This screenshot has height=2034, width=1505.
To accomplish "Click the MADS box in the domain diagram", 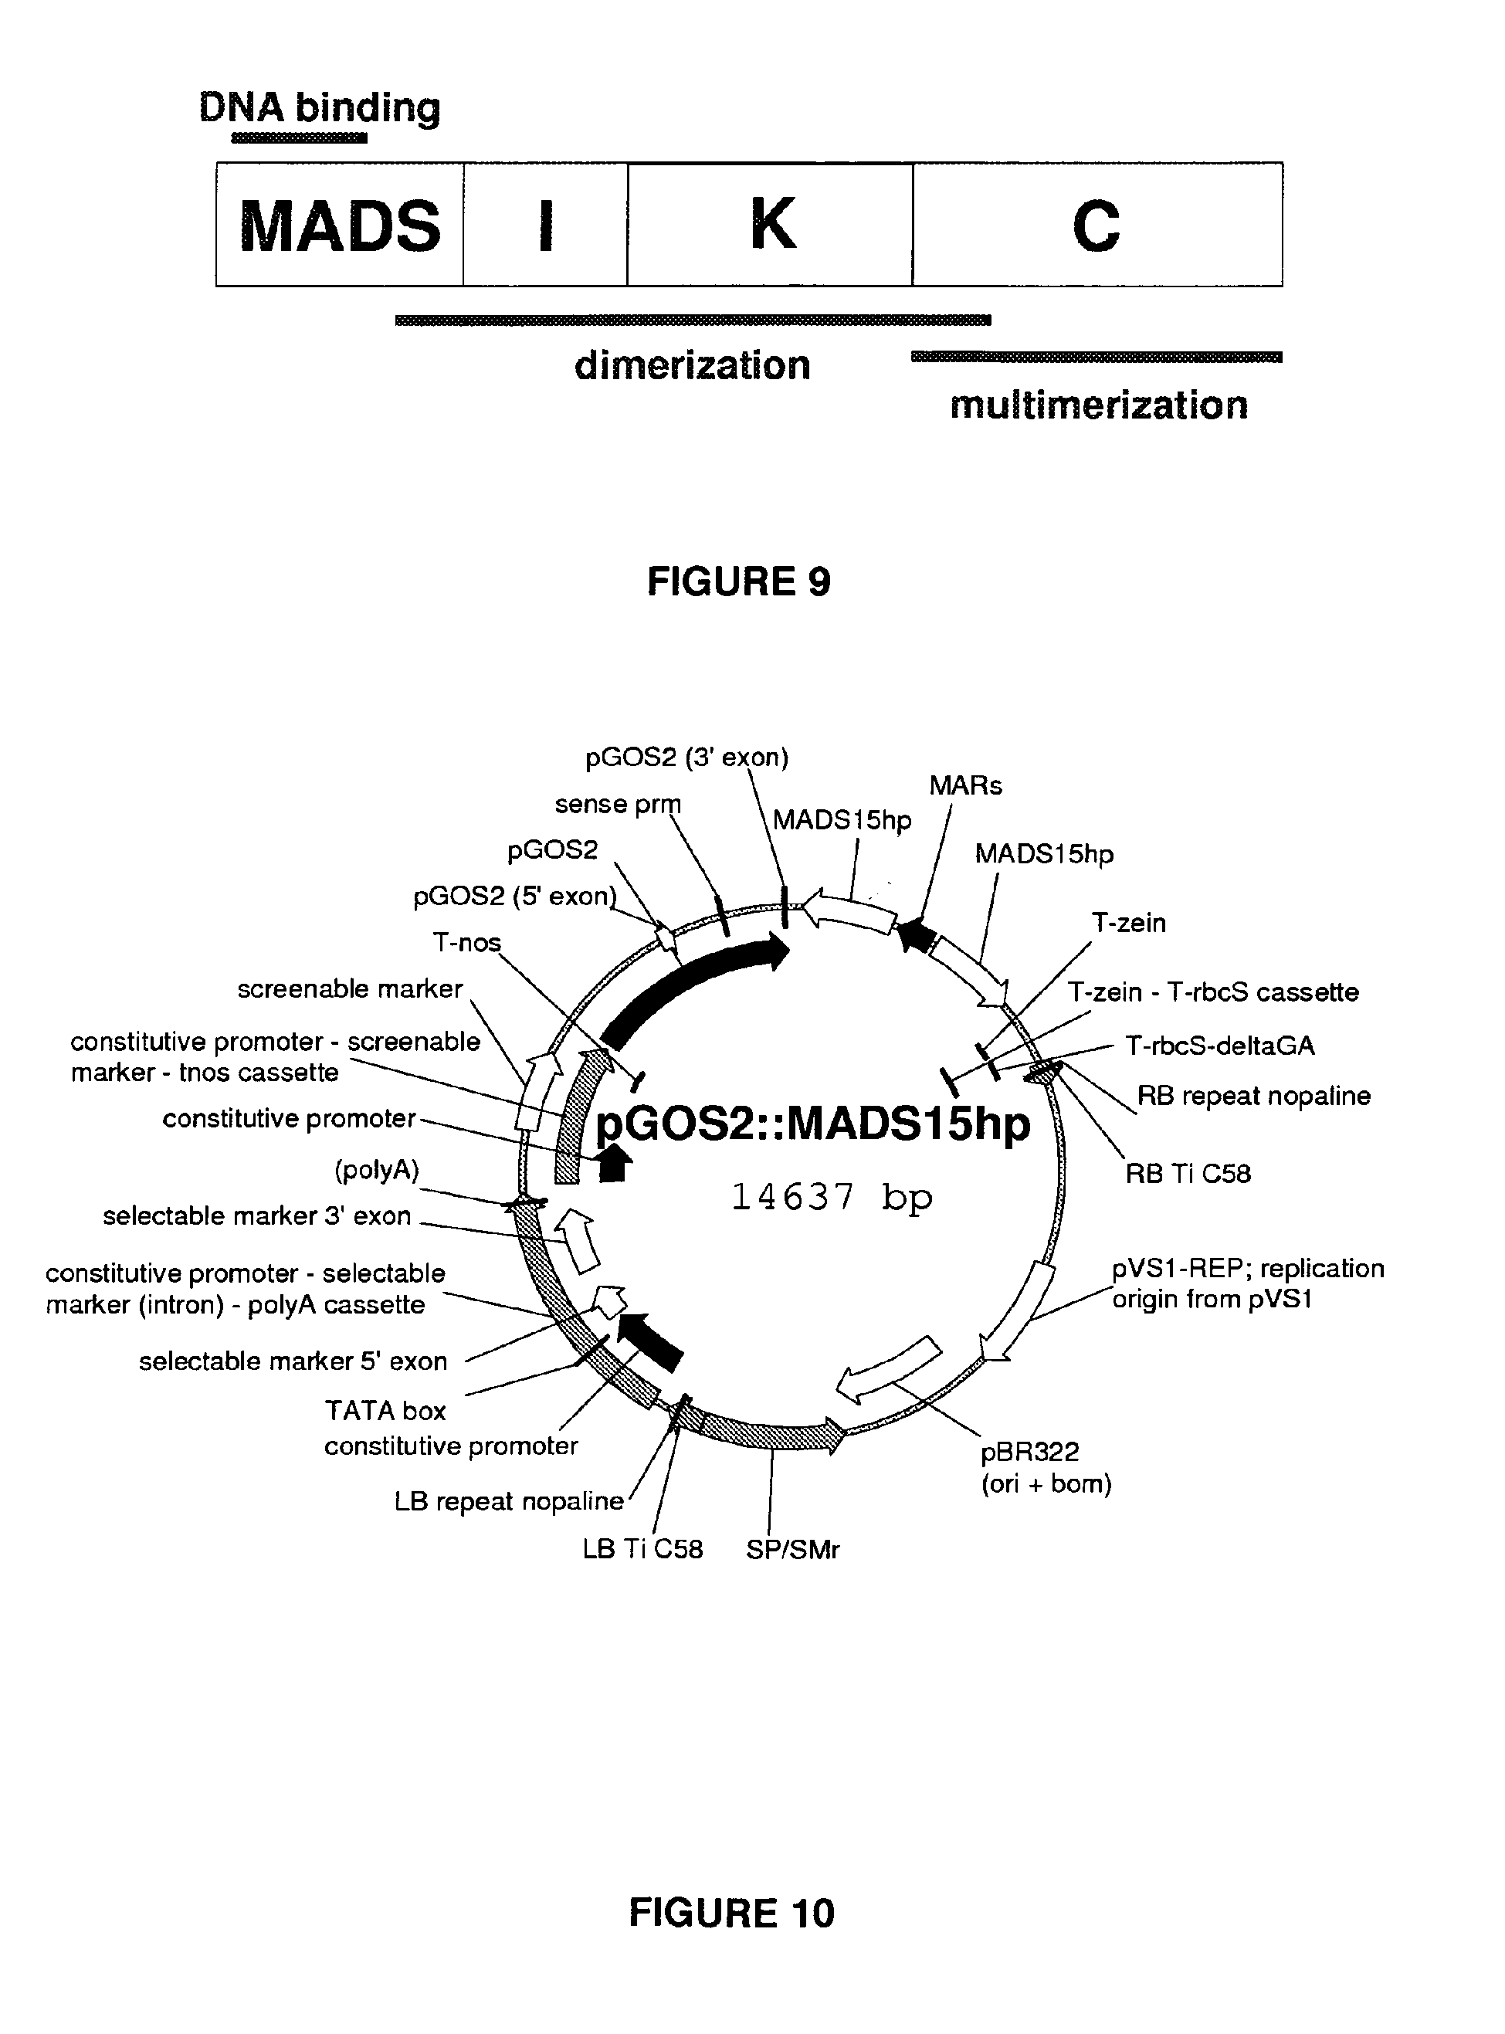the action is [x=340, y=225].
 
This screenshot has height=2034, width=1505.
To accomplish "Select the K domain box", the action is [x=771, y=225].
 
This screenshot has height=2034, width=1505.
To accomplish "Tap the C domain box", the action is [x=1097, y=225].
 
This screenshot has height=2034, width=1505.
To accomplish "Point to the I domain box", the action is [x=545, y=225].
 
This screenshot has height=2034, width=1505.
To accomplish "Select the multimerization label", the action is [x=1098, y=405].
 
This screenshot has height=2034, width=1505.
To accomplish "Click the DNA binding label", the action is [x=320, y=108].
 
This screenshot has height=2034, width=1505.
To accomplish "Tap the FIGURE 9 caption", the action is [x=738, y=581].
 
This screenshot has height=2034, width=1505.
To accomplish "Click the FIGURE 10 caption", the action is [x=730, y=1914].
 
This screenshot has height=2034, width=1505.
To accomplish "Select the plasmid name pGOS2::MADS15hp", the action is [x=812, y=1124].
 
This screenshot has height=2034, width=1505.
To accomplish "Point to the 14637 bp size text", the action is [x=831, y=1197].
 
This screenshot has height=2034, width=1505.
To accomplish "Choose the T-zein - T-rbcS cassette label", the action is [x=1212, y=992].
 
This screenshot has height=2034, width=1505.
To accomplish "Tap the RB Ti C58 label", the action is [x=1187, y=1174].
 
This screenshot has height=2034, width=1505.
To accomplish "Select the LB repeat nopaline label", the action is [x=508, y=1502].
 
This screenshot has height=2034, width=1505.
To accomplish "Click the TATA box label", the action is [x=385, y=1411].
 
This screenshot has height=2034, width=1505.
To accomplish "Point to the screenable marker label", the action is [x=350, y=989].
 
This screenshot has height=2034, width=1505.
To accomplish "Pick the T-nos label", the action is [x=466, y=942].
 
